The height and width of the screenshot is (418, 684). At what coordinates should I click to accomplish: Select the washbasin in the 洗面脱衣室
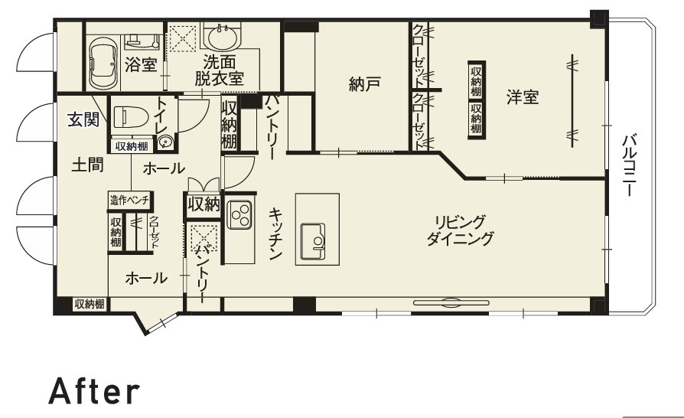pos(223,37)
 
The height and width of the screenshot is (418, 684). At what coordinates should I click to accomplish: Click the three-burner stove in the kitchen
pos(239,214)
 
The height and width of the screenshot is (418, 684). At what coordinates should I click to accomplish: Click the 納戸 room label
pos(365,83)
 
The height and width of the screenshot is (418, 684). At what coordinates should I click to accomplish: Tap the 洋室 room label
pos(523,97)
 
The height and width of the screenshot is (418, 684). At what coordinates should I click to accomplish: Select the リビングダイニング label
pos(461,230)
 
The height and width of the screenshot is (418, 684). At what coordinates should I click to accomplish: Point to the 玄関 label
pos(83,119)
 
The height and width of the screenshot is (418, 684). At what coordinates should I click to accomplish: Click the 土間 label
pos(87,165)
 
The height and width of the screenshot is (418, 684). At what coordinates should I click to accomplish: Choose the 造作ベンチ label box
pos(130,201)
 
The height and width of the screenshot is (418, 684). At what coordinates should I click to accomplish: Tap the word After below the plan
pos(94,391)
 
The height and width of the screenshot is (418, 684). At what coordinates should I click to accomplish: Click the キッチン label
pos(275,233)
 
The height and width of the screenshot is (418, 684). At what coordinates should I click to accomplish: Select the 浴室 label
pos(141,65)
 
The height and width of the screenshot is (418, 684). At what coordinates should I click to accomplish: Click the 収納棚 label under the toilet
pos(132,146)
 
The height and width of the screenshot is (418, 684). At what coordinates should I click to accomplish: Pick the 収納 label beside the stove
pos(204,204)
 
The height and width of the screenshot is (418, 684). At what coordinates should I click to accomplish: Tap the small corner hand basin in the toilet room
pos(166,142)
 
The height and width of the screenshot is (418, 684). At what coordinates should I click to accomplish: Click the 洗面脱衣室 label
pos(219,70)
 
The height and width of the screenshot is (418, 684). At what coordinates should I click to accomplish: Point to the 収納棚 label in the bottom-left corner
pos(90,304)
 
